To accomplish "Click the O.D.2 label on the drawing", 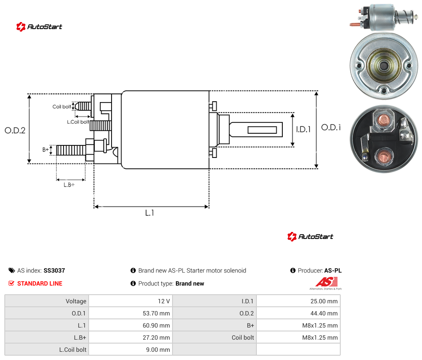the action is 15,130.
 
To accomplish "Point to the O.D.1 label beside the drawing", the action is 331,127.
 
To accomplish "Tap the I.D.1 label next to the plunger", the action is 304,129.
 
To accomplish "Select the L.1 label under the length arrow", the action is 150,213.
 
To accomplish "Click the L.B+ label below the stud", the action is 69,185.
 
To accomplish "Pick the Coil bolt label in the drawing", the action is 62,106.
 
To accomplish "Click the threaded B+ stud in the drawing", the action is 71,150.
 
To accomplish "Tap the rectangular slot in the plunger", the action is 262,130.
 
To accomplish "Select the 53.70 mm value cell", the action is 156,313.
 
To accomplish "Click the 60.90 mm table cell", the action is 156,325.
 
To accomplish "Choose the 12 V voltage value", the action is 163,301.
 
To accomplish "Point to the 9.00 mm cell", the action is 158,350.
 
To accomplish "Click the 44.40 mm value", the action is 324,313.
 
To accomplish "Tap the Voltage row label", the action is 76,301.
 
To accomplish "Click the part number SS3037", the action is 54,270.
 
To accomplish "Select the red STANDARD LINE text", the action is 40,283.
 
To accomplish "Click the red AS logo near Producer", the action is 326,282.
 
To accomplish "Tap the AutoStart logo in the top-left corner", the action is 39,27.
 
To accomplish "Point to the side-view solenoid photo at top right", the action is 384,17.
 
